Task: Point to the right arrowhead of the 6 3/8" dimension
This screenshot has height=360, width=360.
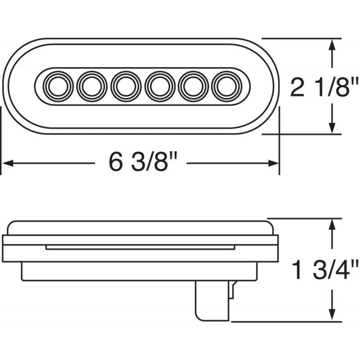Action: pyautogui.click(x=274, y=163)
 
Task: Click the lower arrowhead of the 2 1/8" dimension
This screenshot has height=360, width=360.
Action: pyautogui.click(x=333, y=127)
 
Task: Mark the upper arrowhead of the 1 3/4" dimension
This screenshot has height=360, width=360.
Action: pyautogui.click(x=333, y=225)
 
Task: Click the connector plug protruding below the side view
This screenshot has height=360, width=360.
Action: pyautogui.click(x=211, y=299)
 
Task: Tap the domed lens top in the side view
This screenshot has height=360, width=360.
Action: pyautogui.click(x=139, y=227)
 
